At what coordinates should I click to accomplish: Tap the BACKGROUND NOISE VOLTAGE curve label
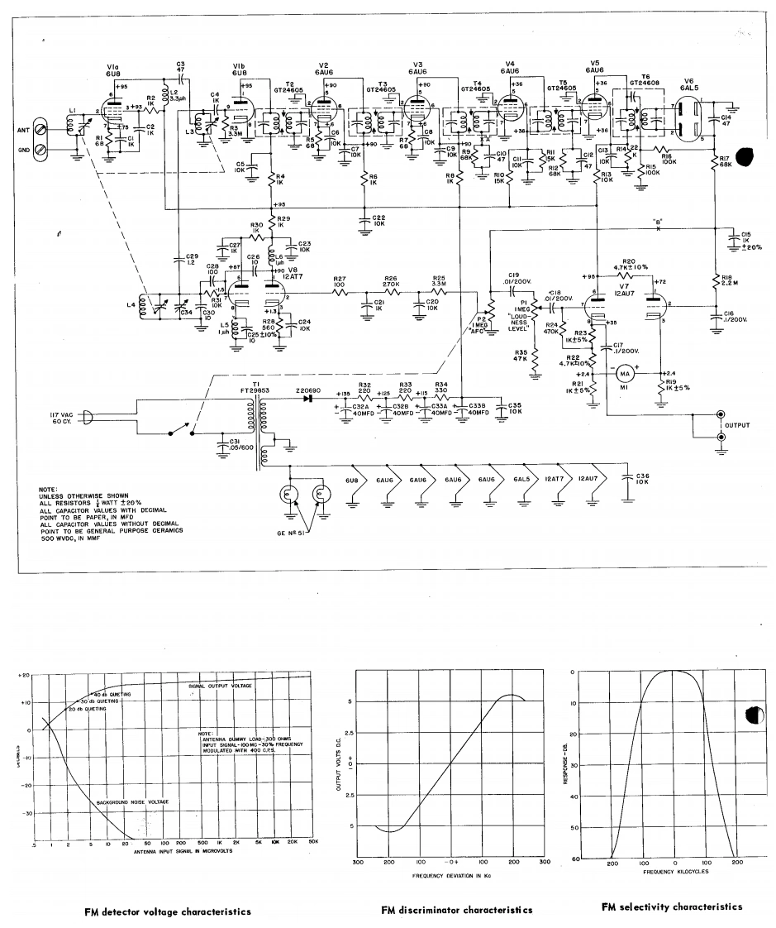tap(131, 803)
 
